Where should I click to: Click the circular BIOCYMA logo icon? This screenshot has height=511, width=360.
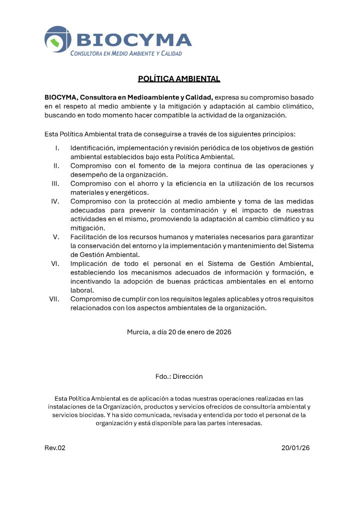(x=58, y=39)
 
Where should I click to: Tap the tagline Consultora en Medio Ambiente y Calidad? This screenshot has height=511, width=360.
(x=126, y=53)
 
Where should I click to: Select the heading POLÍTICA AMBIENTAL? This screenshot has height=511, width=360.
(x=179, y=79)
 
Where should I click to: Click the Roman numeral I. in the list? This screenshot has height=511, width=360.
(x=57, y=148)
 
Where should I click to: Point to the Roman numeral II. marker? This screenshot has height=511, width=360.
(x=56, y=166)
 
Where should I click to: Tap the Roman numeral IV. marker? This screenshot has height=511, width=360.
(x=55, y=201)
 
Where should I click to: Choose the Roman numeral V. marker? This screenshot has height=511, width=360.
(x=56, y=237)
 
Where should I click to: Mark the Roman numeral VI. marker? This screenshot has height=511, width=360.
(x=55, y=263)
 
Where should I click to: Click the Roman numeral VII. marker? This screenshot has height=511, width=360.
(x=54, y=299)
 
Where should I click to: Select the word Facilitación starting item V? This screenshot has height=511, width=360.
(x=90, y=237)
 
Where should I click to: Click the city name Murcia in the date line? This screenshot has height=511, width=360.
(x=138, y=332)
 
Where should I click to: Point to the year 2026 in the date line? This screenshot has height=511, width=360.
(x=223, y=332)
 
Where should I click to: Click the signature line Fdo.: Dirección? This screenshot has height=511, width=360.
(x=179, y=377)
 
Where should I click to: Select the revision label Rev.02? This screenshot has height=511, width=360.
(x=55, y=448)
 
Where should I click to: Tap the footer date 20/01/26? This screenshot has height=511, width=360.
(x=296, y=448)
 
